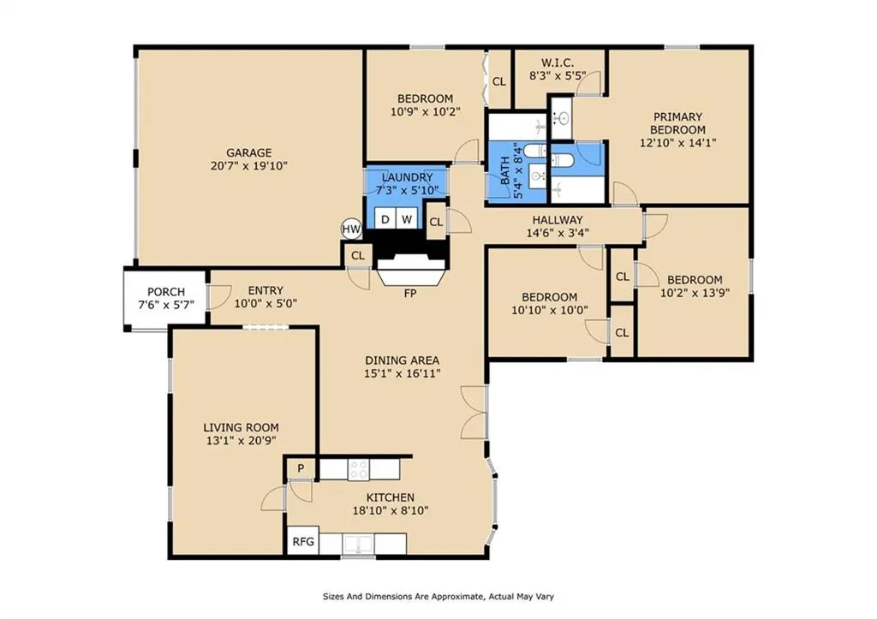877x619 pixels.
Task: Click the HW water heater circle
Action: coord(352,228)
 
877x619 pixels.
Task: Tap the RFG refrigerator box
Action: coord(303,541)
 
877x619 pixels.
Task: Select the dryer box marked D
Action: coord(385,219)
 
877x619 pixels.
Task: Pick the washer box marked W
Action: coord(407,219)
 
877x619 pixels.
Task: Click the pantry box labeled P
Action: coord(301,468)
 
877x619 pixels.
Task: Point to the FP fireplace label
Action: coord(410,293)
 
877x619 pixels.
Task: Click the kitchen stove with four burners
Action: coord(359,470)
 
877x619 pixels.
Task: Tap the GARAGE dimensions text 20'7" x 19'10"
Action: coord(249,165)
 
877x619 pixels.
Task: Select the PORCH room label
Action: coord(166,292)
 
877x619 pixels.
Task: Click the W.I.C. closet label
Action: coord(557,62)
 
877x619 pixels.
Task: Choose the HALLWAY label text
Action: coord(558,220)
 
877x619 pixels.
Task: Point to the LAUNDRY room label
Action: coord(407,178)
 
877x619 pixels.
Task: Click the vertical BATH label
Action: coord(505,171)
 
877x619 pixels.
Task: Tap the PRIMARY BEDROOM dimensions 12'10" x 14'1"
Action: coord(678,143)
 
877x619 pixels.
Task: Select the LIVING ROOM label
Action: coord(241,428)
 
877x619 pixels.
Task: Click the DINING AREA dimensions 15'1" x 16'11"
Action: coord(403,373)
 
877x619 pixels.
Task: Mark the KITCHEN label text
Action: coord(391,497)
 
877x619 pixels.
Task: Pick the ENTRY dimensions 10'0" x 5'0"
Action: coord(265,304)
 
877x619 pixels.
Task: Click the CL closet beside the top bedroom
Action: coord(499,81)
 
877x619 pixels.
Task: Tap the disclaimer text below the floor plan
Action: coord(438,597)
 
